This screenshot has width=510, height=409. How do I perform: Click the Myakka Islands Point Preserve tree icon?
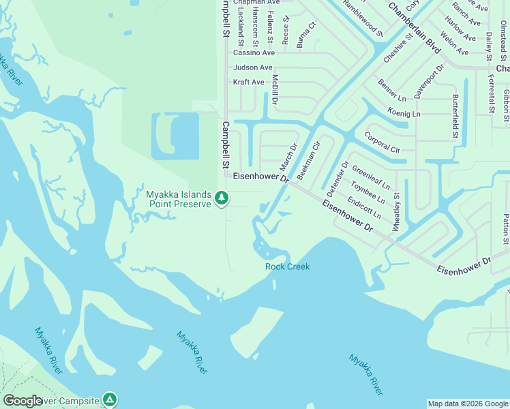click(221, 198)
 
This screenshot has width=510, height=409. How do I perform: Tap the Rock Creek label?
click(287, 267)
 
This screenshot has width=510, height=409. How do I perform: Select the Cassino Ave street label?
click(254, 52)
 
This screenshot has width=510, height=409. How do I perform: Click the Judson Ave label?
click(252, 67)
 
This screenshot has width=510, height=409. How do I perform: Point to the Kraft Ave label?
click(248, 82)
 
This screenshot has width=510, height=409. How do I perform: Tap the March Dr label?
click(289, 157)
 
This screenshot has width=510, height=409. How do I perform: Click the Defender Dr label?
click(337, 175)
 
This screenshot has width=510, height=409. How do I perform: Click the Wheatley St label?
click(396, 211)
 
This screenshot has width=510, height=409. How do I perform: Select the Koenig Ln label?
click(404, 111)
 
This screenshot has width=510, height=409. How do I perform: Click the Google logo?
click(22, 401)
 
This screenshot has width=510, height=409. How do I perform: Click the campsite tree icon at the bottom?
click(110, 399)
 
